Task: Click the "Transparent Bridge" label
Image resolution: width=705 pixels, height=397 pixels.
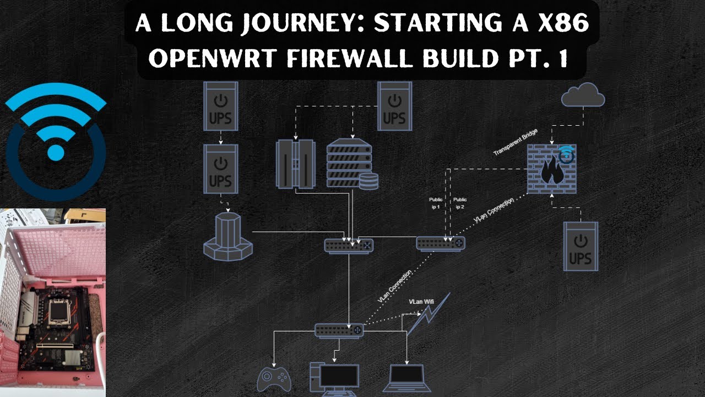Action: click(515, 142)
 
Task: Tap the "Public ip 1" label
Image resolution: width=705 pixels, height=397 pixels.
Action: click(436, 203)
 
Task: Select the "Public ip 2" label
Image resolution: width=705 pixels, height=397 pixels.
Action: click(460, 203)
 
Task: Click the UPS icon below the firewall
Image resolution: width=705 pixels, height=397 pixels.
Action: click(581, 246)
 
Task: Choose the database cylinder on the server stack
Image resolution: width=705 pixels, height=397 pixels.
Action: click(368, 181)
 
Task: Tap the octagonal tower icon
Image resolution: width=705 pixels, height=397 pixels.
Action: click(227, 235)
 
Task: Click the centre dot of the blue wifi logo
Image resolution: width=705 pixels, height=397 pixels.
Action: click(55, 152)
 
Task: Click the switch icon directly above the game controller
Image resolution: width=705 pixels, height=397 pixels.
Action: click(339, 330)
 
